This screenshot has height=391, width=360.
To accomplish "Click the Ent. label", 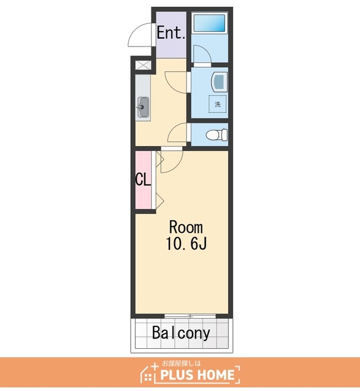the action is pos(171,32).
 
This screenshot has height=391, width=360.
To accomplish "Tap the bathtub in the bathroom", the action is pos(209,23).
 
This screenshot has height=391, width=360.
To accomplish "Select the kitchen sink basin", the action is pos(143,107).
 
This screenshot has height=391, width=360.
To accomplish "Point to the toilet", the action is pos(216,135).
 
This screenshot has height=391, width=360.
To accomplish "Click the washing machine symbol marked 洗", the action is pos(218,104).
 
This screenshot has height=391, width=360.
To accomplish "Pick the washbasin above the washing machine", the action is pos(219,81).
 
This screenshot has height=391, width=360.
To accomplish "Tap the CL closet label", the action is pos(143,180).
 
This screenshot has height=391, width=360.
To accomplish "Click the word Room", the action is pos(186,227).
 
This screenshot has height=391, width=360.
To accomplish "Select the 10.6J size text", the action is pos(186,243).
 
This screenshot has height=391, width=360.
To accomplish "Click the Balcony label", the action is pos(181,333).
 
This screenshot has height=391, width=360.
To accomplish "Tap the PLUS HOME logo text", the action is pos(197,375).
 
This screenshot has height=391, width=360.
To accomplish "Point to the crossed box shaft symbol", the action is pos(143,65).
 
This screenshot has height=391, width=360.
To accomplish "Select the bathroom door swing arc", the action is pos(205,50).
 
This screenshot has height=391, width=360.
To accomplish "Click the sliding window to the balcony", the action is pos(190,316).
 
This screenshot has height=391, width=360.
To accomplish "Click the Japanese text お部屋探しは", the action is pos(181,364).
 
